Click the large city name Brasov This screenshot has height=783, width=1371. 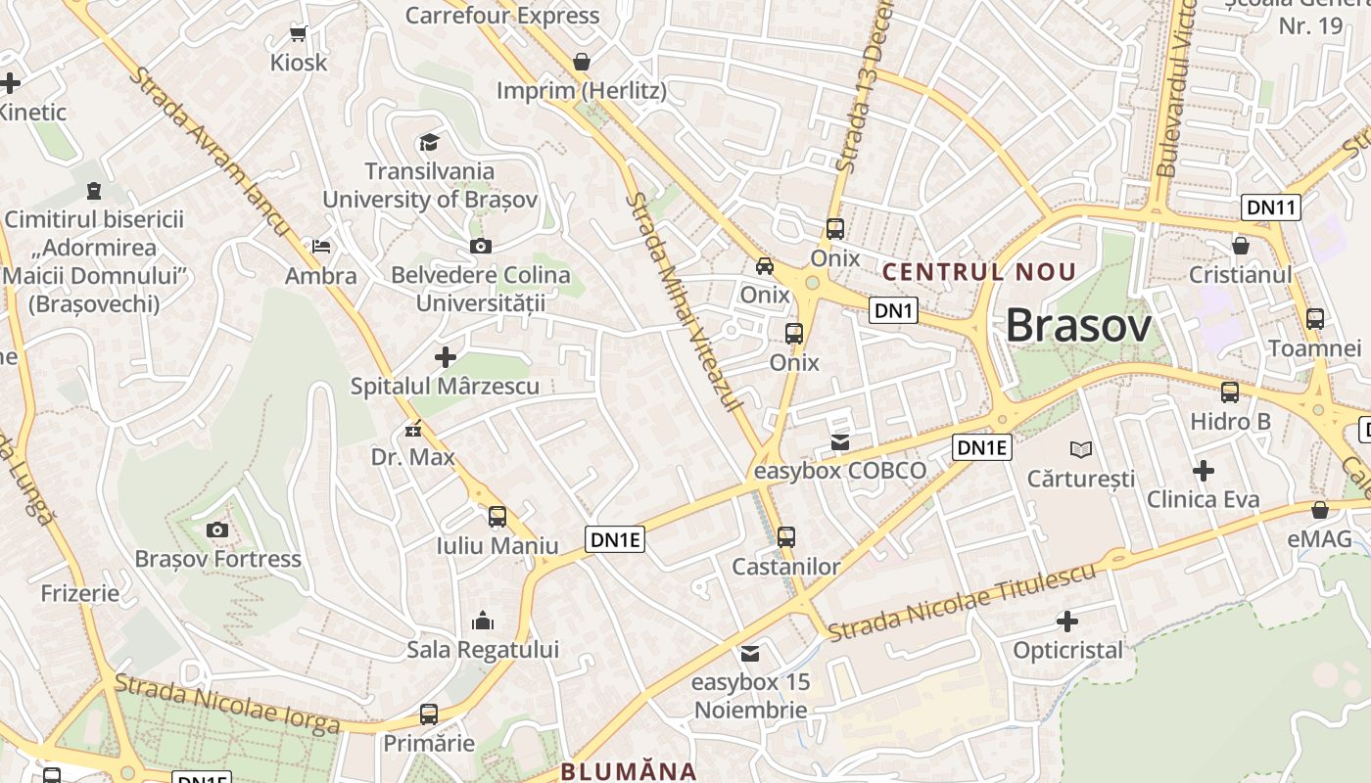pyautogui.click(x=1078, y=325)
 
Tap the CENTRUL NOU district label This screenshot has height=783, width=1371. pyautogui.click(x=979, y=272)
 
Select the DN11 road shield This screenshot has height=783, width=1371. pyautogui.click(x=1271, y=207)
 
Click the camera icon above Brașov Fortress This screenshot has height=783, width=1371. pyautogui.click(x=217, y=530)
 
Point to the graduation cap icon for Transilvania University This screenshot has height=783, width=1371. pyautogui.click(x=429, y=143)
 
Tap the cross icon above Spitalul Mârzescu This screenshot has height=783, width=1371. pyautogui.click(x=446, y=357)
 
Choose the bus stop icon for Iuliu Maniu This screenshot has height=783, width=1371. pyautogui.click(x=497, y=517)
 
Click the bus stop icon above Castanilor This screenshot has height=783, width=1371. pyautogui.click(x=786, y=537)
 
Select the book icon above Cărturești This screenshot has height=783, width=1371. pyautogui.click(x=1080, y=449)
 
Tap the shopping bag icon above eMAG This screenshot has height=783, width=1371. pyautogui.click(x=1320, y=510)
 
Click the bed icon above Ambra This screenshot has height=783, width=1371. pyautogui.click(x=321, y=247)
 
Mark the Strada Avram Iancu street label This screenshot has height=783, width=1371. pyautogui.click(x=211, y=151)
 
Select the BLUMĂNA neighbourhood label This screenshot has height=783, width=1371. pyautogui.click(x=628, y=771)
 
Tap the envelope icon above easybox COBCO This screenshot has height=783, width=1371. pyautogui.click(x=840, y=442)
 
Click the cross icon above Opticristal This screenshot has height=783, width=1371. pyautogui.click(x=1067, y=622)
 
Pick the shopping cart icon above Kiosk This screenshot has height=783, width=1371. pyautogui.click(x=299, y=34)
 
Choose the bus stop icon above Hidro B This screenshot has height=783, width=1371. pyautogui.click(x=1230, y=392)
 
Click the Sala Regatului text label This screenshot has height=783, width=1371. pyautogui.click(x=483, y=650)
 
